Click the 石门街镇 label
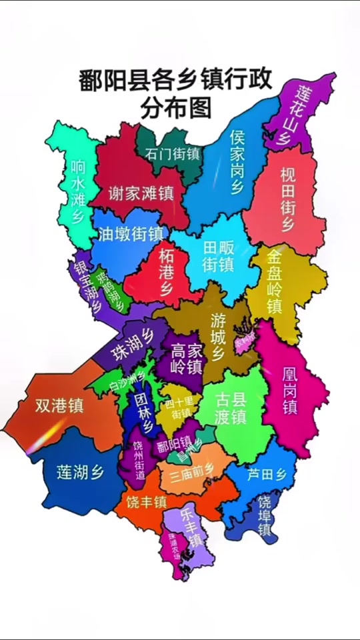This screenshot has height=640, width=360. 172,153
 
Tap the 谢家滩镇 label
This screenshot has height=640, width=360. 141,193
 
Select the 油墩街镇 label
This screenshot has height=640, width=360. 131,233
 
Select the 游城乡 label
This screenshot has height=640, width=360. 218,337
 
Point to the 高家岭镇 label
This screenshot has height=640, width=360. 186,358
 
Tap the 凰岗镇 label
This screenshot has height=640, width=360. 289,389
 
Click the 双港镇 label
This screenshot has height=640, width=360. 59,405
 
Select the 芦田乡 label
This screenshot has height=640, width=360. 266,475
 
